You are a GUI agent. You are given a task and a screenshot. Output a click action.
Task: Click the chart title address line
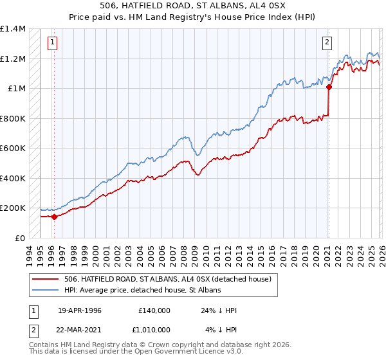(193, 5)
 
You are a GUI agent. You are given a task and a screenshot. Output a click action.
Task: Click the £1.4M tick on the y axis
(13, 29)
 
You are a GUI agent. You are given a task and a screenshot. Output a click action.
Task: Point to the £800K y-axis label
(13, 118)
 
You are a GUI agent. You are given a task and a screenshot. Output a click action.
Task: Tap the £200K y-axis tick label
(13, 208)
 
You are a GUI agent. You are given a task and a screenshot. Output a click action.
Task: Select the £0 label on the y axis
(19, 238)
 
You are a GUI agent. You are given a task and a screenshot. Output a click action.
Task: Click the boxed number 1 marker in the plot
(52, 43)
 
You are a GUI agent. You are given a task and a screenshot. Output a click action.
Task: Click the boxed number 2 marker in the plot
(327, 43)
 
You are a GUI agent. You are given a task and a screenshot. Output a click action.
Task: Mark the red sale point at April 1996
(54, 217)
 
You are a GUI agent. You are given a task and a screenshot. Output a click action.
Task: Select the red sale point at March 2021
(328, 87)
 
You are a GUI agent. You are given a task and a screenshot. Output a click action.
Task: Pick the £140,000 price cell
(154, 310)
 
